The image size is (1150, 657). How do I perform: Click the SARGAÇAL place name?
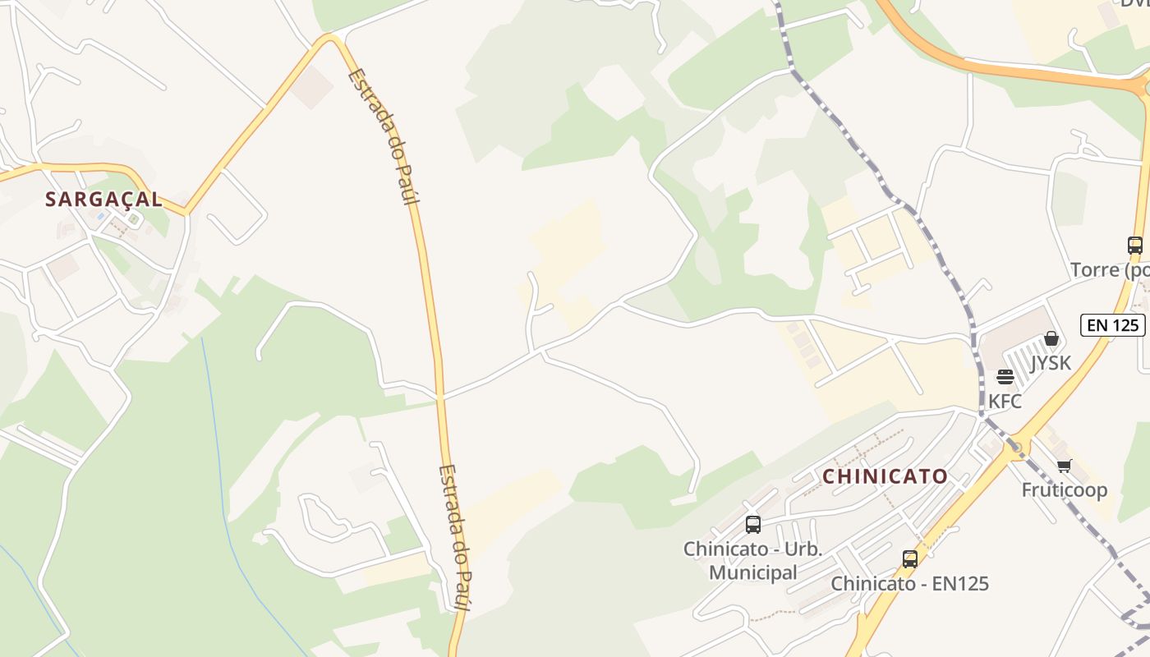pyautogui.click(x=103, y=200)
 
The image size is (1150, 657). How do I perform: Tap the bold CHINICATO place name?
pyautogui.click(x=885, y=476)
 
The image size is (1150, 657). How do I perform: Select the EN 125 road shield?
pyautogui.click(x=1113, y=324)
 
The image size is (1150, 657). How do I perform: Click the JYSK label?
pyautogui.click(x=1051, y=362)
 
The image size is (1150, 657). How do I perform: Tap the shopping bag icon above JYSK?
pyautogui.click(x=1051, y=338)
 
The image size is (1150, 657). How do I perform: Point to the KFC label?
pyautogui.click(x=1005, y=401)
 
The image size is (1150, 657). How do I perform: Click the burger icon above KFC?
pyautogui.click(x=1005, y=377)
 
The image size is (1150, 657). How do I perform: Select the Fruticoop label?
pyautogui.click(x=1064, y=490)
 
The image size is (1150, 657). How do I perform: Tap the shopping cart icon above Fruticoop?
pyautogui.click(x=1064, y=466)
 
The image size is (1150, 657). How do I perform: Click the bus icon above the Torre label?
pyautogui.click(x=1134, y=245)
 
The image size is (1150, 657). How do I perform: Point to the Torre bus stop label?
pyautogui.click(x=1110, y=269)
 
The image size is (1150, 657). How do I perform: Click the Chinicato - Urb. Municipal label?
pyautogui.click(x=752, y=561)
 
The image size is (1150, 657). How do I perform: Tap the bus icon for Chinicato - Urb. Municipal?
pyautogui.click(x=752, y=524)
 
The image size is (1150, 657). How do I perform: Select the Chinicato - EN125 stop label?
pyautogui.click(x=909, y=584)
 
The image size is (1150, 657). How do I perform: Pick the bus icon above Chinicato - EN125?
pyautogui.click(x=909, y=559)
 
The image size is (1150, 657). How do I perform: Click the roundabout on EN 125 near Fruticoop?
pyautogui.click(x=1016, y=447)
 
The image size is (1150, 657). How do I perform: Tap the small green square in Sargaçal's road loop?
pyautogui.click(x=133, y=219)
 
